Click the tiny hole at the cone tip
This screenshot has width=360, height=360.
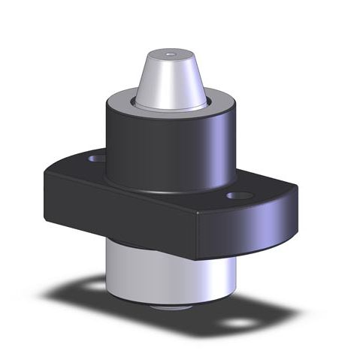(x=170, y=54)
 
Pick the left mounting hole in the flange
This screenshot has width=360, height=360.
(x=96, y=159)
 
